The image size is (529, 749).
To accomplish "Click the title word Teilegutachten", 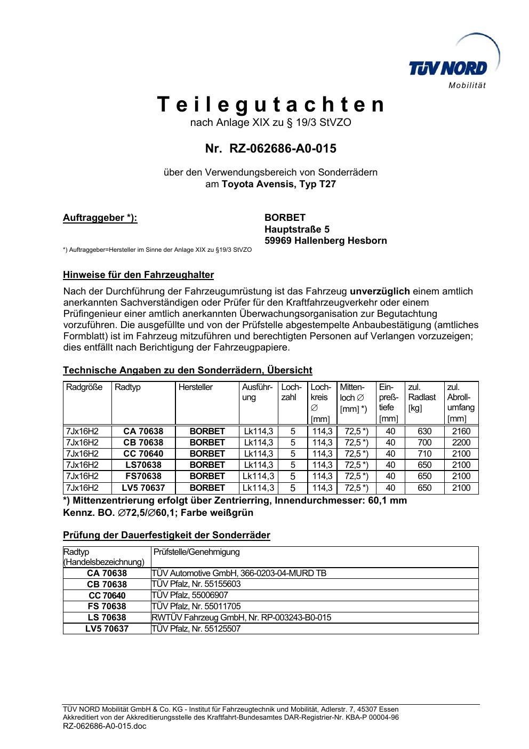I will point(271,105).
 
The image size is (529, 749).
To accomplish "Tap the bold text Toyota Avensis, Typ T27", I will point(279,185).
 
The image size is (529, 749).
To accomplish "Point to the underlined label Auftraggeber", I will point(100,218).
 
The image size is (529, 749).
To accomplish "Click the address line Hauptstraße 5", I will point(297,229).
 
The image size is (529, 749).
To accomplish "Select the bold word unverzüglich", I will point(380,291).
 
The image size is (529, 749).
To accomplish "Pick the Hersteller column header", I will point(196,387).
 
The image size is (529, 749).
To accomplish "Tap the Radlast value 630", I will point(424,431).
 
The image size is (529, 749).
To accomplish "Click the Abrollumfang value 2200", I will point(461,442).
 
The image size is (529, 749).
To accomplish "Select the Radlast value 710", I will point(424,453).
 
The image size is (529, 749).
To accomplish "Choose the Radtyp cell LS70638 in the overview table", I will point(143,465).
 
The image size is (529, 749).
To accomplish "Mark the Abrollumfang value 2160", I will point(461,431).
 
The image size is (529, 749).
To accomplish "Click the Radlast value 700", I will point(424,442).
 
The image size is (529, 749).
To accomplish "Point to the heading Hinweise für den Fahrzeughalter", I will point(139,275).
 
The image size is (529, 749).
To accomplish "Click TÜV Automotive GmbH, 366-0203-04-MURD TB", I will point(239,573).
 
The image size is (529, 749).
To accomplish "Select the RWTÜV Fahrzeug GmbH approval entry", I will point(242,617).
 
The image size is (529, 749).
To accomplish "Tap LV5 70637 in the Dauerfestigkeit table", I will point(107,629).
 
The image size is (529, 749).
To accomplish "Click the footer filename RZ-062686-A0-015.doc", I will point(105,726).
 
